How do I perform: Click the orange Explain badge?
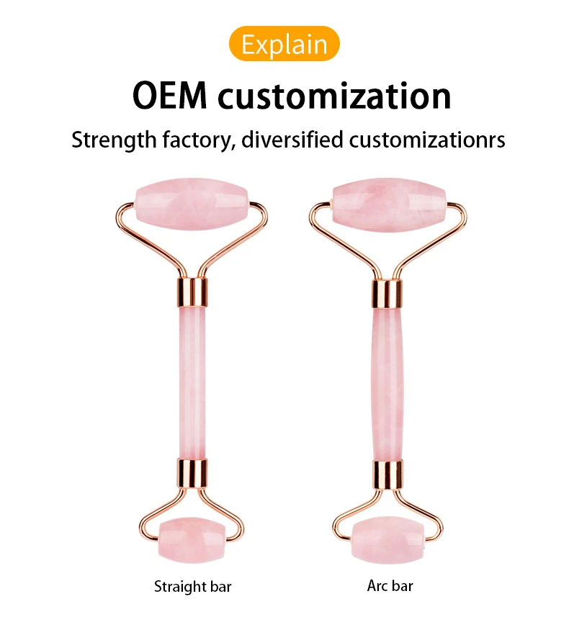(x=284, y=44)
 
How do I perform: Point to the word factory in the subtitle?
(x=197, y=140)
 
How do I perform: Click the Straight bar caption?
(x=193, y=586)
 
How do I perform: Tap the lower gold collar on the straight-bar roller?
(x=192, y=474)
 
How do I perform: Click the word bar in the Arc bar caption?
(x=402, y=586)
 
